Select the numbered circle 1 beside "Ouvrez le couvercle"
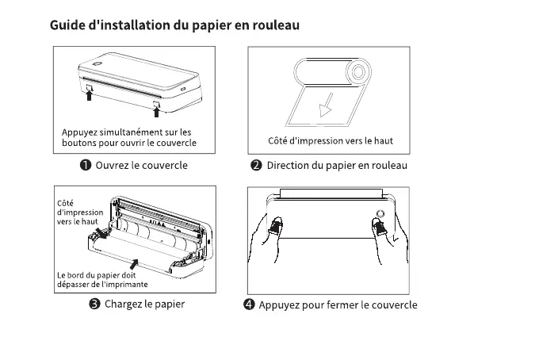pyautogui.click(x=84, y=165)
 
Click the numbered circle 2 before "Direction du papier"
pyautogui.click(x=256, y=165)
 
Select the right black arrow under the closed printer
pyautogui.click(x=155, y=112)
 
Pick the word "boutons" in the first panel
pyautogui.click(x=80, y=144)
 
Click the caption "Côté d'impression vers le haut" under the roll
pyautogui.click(x=325, y=141)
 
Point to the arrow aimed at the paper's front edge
pyautogui.click(x=134, y=264)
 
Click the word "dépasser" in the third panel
pyautogui.click(x=78, y=285)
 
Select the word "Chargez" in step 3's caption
pyautogui.click(x=124, y=304)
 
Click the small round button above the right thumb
pyautogui.click(x=379, y=215)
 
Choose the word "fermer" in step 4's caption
pyautogui.click(x=342, y=305)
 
